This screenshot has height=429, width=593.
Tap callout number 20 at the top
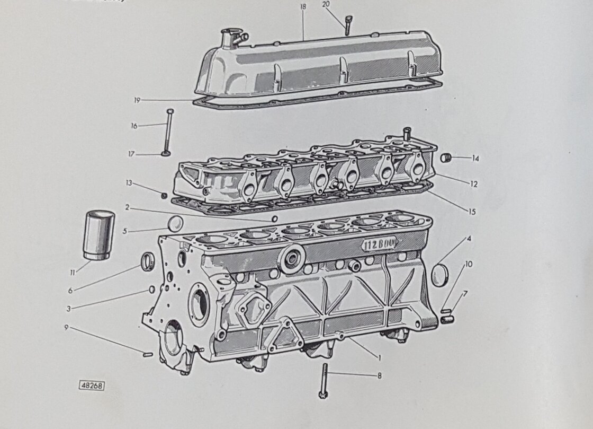[x=326, y=4]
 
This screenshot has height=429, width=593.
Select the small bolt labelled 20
[x=347, y=25]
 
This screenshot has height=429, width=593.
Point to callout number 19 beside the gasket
[x=137, y=100]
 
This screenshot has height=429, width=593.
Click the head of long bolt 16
[x=169, y=112]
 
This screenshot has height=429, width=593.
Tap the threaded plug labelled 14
[x=447, y=157]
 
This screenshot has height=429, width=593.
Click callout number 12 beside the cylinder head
[x=473, y=184]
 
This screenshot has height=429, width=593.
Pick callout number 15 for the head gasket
[x=471, y=212]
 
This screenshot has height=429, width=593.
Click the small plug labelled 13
[x=164, y=196]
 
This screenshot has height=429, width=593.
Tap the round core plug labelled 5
[x=176, y=223]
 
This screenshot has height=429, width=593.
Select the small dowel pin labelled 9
[x=148, y=354]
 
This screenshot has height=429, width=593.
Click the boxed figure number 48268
[x=92, y=386]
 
